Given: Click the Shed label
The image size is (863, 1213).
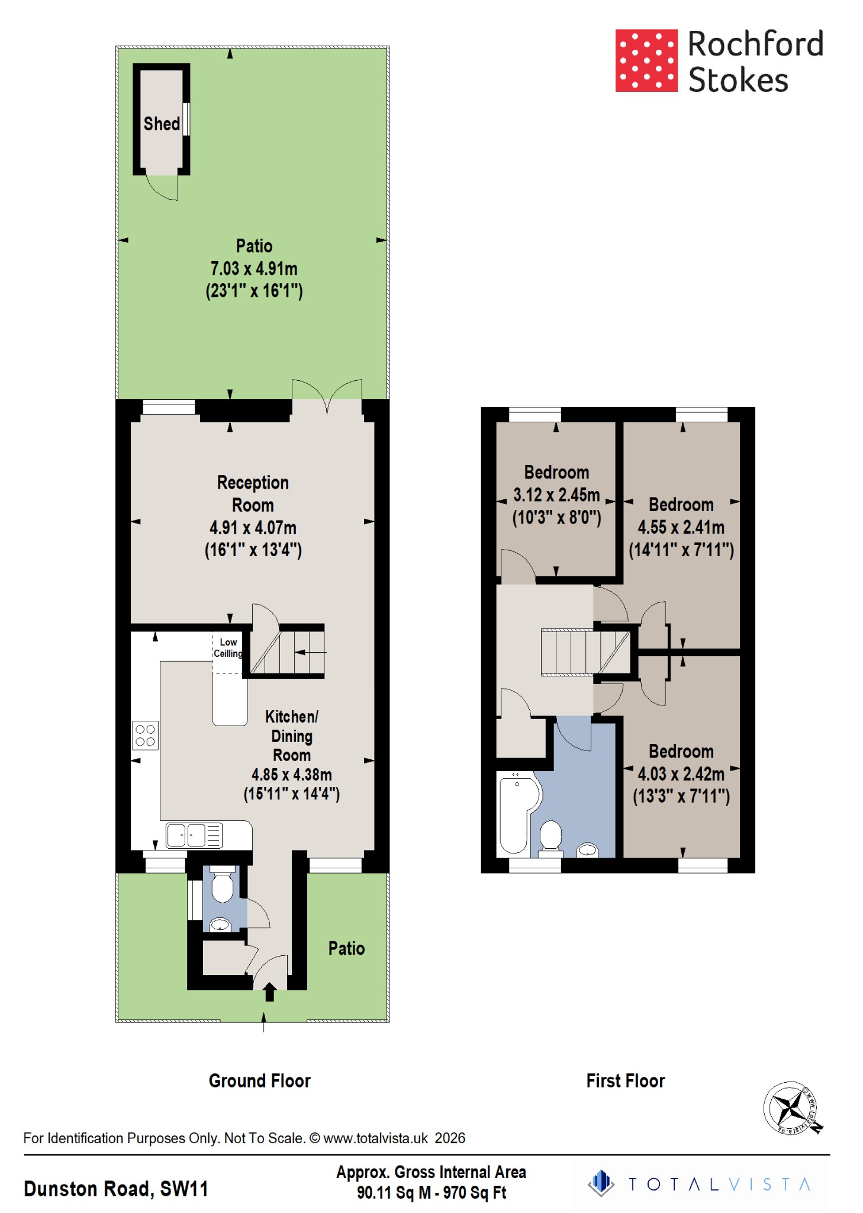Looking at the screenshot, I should coord(162,124).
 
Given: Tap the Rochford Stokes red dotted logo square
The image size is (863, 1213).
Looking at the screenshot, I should coord(646,60).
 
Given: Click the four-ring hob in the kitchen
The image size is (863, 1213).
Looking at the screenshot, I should coord(146,736).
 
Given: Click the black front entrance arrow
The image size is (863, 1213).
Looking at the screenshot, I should coord(269,992).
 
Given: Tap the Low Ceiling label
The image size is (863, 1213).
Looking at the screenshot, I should coord(228,648).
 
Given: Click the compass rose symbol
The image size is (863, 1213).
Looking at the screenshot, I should coord(790,1107).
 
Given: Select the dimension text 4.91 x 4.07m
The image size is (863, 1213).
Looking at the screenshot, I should coord(253,528).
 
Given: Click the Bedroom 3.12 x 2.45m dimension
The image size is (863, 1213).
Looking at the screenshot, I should coord(556,495).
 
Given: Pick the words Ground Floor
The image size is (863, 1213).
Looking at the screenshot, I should coord(259,1081).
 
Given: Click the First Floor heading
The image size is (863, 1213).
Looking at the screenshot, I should coord(625,1081).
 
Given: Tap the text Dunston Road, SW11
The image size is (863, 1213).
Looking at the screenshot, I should coord(116,1189).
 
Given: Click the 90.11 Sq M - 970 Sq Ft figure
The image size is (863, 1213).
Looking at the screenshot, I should coord(431,1193).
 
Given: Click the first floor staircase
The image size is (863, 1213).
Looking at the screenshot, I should coord(585,652).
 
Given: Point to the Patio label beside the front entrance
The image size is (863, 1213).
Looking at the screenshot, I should coord(346,948).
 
